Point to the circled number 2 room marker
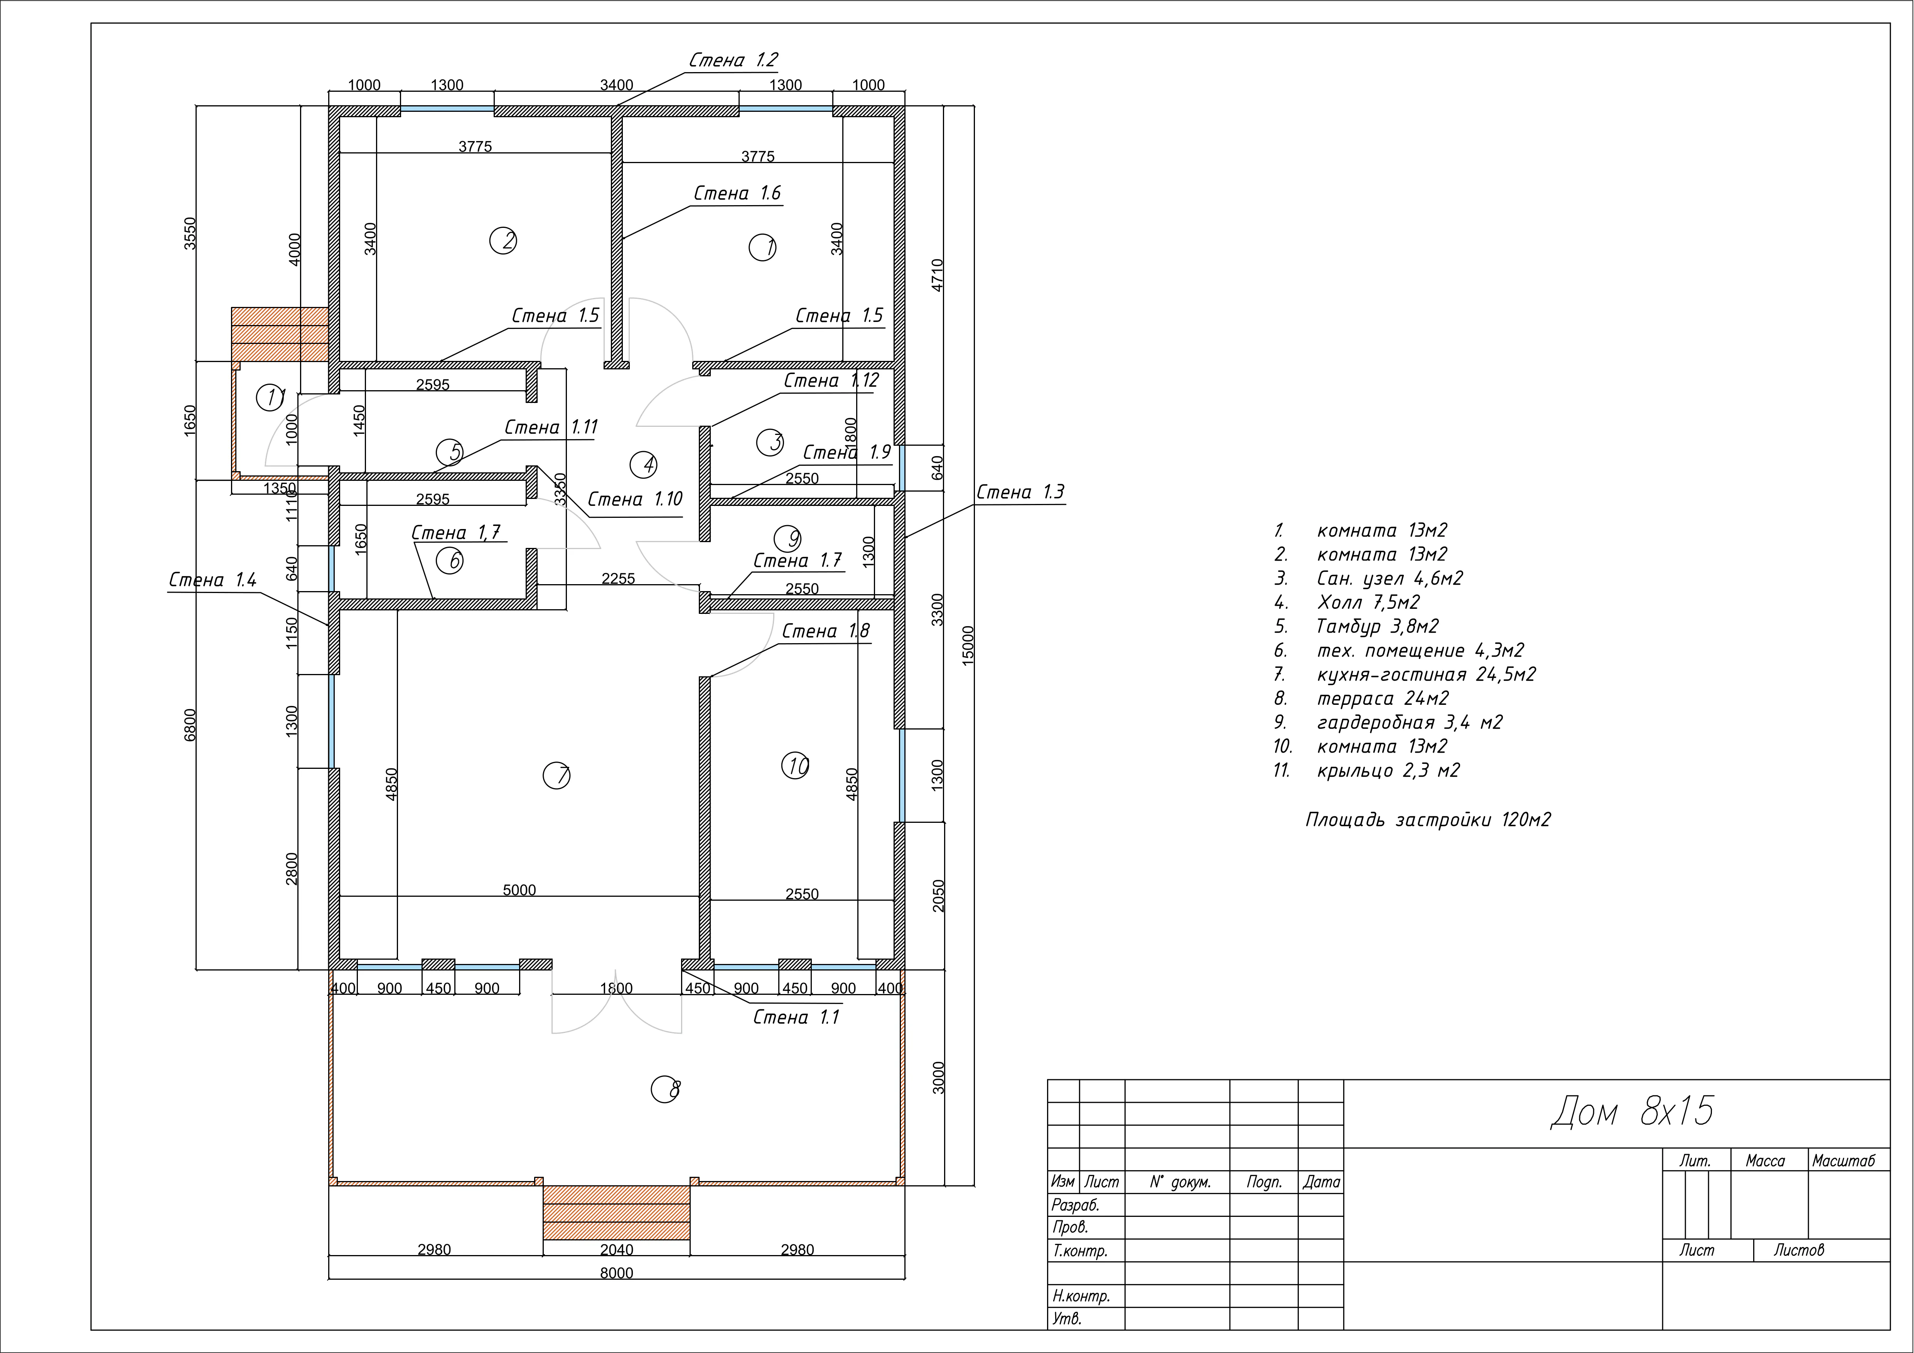click(504, 241)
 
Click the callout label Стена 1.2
click(734, 60)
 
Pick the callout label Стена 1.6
click(738, 194)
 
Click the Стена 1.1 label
click(796, 1017)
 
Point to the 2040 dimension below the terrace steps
click(617, 1250)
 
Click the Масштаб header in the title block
click(1843, 1161)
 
